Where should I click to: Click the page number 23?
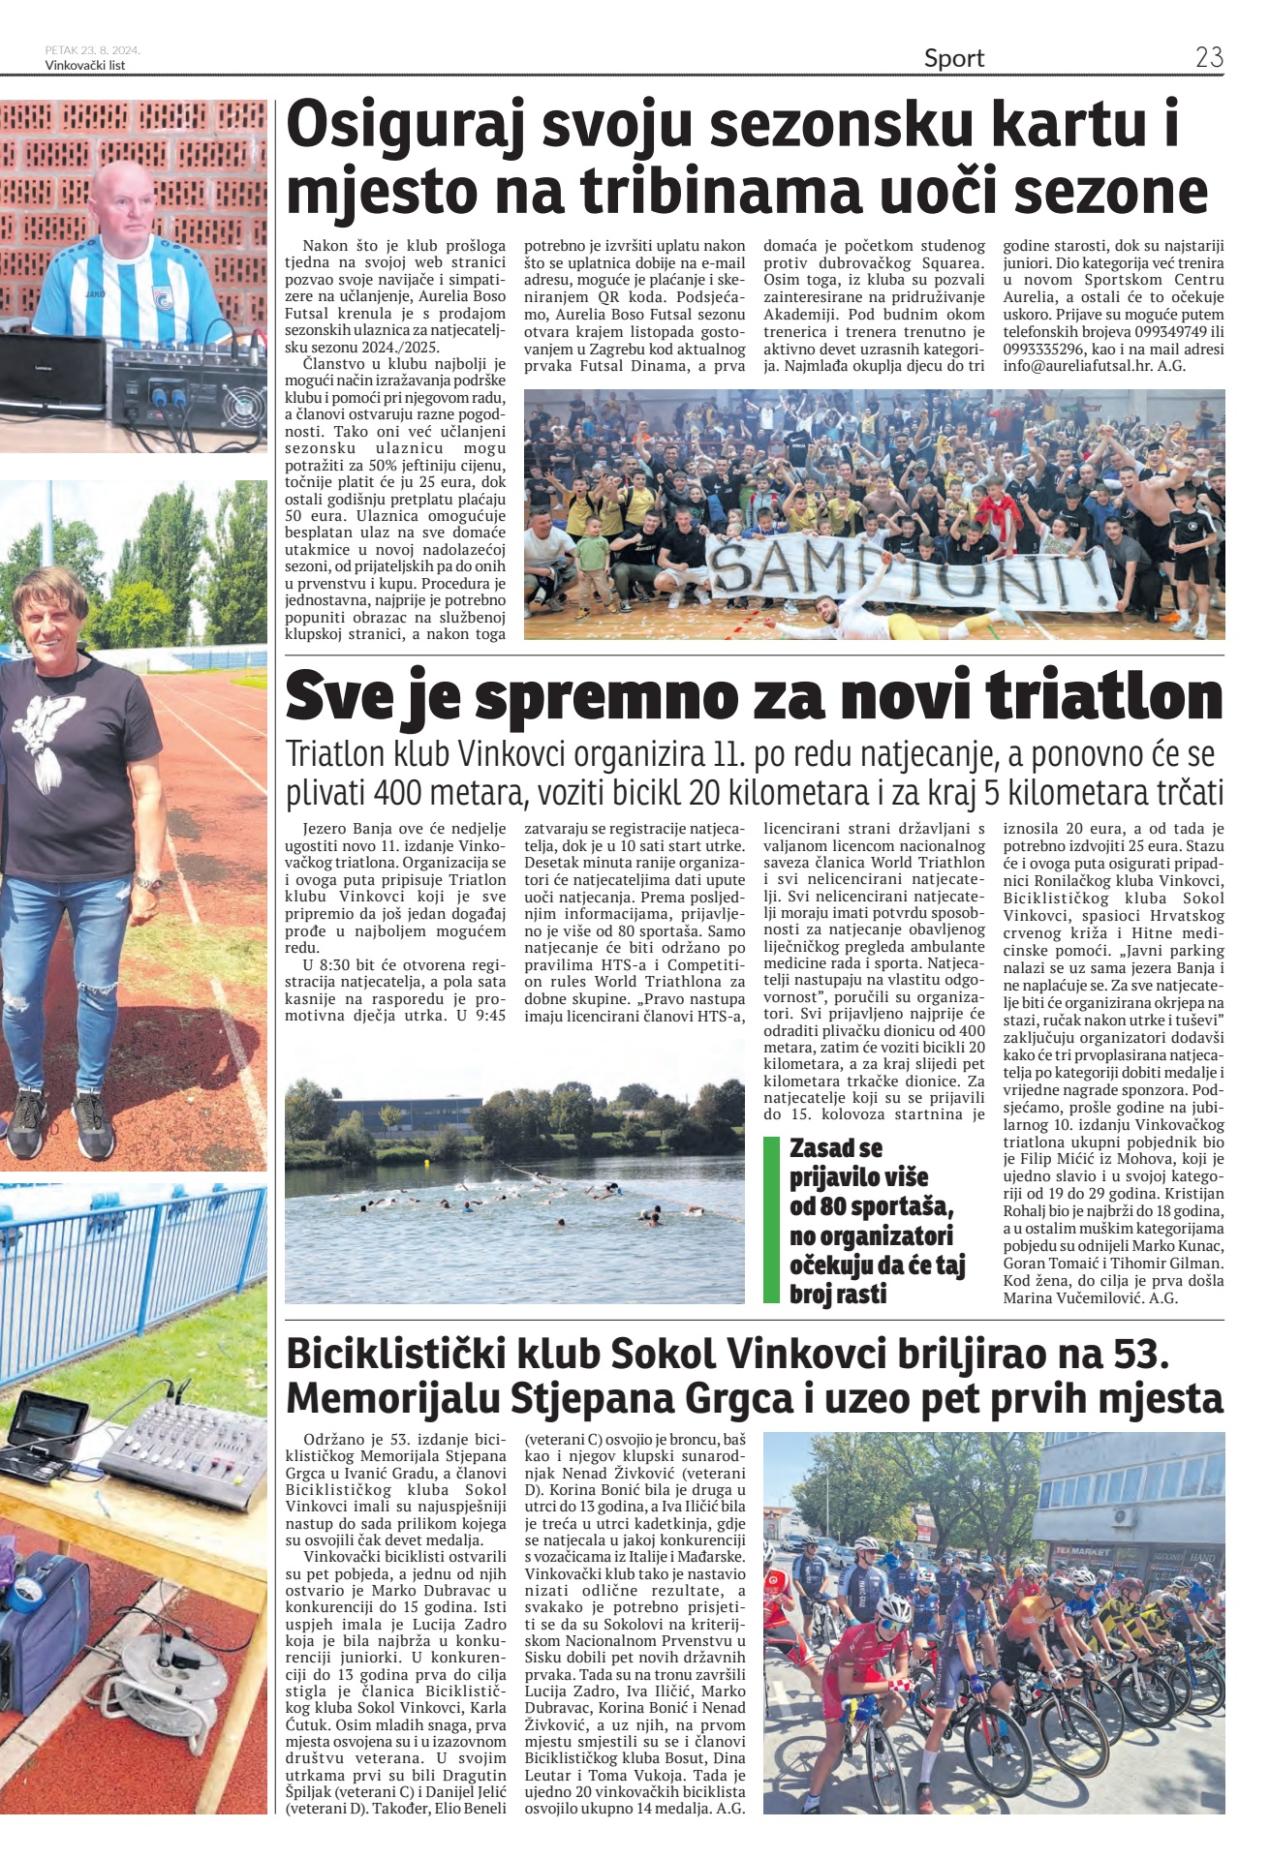(x=1209, y=57)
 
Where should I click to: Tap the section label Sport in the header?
(x=953, y=58)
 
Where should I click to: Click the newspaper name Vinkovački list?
(x=85, y=66)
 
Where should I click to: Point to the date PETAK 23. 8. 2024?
(x=93, y=50)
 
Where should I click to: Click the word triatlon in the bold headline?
(x=1103, y=695)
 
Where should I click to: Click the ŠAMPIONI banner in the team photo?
(x=906, y=571)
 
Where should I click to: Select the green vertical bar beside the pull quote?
(x=772, y=1219)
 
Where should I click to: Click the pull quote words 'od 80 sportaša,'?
(x=872, y=1206)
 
